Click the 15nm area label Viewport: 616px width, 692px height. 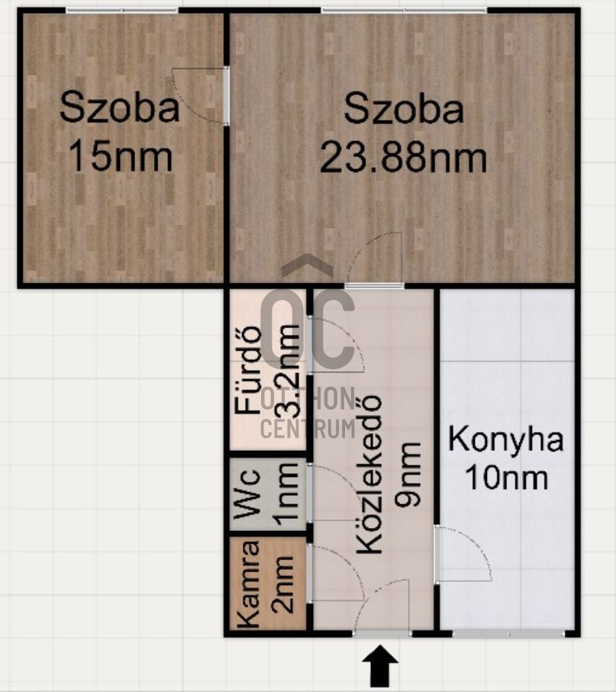tap(121, 158)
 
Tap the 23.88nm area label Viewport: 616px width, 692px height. tap(403, 158)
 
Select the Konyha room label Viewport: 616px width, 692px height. tap(506, 440)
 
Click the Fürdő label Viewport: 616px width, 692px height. tap(249, 370)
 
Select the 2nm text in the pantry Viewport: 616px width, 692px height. tap(284, 584)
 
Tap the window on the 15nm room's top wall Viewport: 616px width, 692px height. tap(122, 10)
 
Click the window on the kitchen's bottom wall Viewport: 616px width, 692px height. tap(508, 633)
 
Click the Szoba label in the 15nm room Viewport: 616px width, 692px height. tap(120, 108)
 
